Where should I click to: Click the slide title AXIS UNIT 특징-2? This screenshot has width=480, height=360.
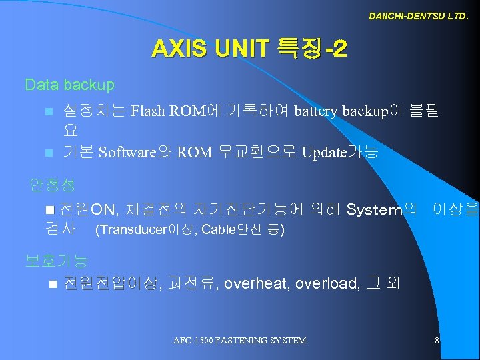[248, 49]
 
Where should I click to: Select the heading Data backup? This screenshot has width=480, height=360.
[69, 85]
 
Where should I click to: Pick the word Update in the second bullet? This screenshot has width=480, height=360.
[323, 152]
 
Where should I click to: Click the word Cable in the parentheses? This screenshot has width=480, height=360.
[216, 231]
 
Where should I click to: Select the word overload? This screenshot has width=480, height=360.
[325, 283]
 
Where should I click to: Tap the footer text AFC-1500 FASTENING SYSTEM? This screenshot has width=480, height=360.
[239, 340]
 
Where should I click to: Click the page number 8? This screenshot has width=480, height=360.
[437, 340]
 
